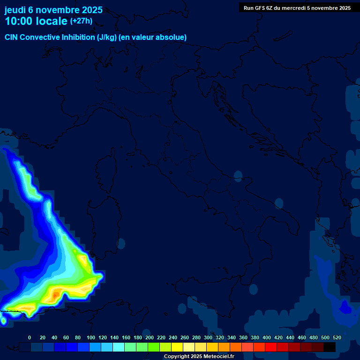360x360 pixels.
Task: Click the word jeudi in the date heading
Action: coord(15,10)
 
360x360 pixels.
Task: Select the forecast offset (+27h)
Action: coord(81,21)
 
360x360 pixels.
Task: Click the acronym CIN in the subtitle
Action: coord(12,37)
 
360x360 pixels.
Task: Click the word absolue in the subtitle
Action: coord(171,37)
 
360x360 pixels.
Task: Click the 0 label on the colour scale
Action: coord(30,337)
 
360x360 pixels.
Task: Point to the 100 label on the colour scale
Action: coord(90,337)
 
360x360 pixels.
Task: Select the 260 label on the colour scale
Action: coord(184,337)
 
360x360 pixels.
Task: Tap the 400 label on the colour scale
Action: coord(266,337)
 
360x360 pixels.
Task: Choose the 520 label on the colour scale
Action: coord(337,337)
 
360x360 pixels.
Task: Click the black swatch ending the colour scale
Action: coord(330,347)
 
